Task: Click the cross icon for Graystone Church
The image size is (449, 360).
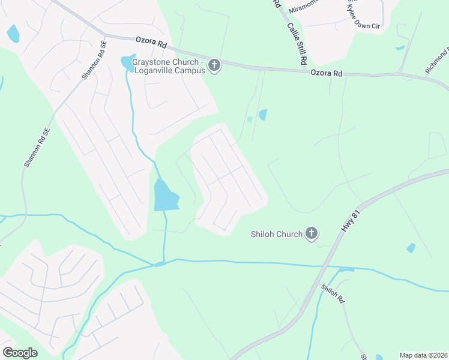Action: tap(215, 65)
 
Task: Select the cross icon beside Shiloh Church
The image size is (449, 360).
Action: tap(311, 233)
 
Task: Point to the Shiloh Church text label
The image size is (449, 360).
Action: tap(276, 234)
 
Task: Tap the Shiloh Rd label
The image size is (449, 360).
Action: tap(332, 293)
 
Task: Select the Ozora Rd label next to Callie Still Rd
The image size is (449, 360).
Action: tap(326, 73)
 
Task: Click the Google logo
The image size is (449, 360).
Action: tap(20, 353)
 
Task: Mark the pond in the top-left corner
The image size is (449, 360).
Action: tap(13, 34)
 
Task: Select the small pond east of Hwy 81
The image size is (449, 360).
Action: tap(411, 247)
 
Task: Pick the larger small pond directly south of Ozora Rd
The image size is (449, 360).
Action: tap(262, 114)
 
